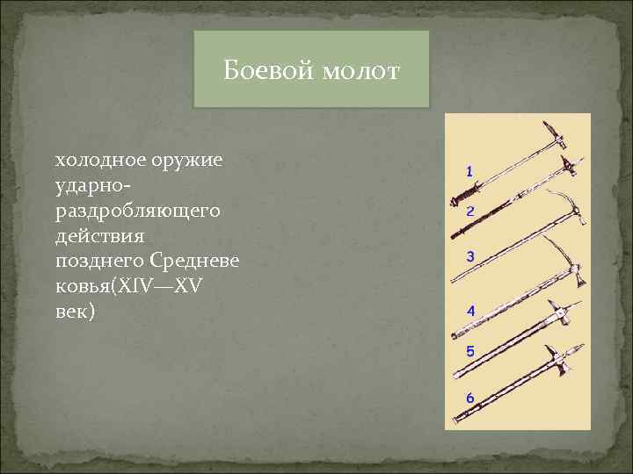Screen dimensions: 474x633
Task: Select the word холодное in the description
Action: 97,162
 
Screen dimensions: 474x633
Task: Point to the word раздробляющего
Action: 137,213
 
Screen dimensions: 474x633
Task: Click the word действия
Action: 99,237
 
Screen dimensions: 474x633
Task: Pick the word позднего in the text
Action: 98,262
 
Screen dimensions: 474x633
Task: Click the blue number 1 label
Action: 469,171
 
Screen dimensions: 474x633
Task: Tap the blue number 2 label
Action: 470,212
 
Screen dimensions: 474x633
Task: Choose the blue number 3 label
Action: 470,256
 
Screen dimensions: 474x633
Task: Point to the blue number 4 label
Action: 470,311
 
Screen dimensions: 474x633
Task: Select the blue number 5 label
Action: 470,352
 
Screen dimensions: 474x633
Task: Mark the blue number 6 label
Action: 470,398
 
